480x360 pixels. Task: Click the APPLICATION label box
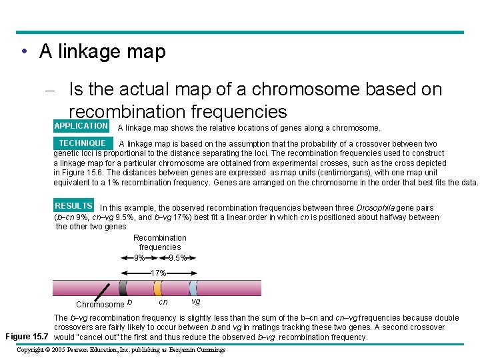coord(81,126)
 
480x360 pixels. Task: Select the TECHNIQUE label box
coord(82,143)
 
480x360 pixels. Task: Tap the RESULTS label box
coord(73,206)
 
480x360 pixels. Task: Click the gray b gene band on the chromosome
coord(123,287)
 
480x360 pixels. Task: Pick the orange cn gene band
coord(158,287)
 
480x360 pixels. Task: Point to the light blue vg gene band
coord(193,287)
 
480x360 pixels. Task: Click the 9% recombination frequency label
coord(139,258)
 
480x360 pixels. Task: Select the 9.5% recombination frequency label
coord(177,258)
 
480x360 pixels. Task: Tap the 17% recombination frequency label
coord(158,273)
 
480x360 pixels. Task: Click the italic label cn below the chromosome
coord(163,302)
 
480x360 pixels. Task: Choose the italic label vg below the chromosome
coord(195,302)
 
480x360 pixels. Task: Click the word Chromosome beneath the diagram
coord(100,305)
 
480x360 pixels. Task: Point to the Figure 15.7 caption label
coord(27,337)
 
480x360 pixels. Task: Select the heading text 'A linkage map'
coord(102,51)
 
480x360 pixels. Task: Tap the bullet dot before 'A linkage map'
coord(23,52)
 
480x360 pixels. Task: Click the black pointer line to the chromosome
coord(103,291)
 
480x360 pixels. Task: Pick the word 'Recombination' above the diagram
coord(160,238)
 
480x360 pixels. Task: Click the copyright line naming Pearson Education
coord(121,350)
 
